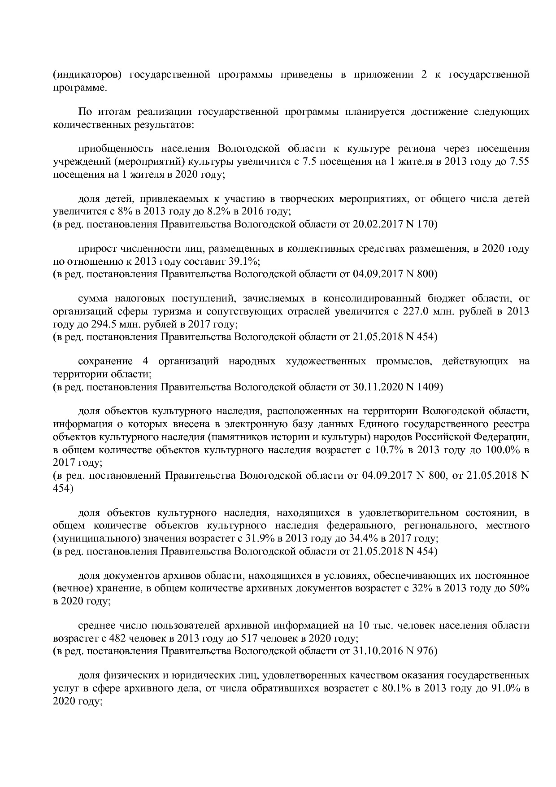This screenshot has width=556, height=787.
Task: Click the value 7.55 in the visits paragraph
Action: tap(518, 162)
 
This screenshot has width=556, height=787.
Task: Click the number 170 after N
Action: tap(428, 224)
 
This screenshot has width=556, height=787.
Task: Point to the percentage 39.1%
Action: tap(244, 261)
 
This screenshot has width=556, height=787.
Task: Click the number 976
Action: tap(428, 651)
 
